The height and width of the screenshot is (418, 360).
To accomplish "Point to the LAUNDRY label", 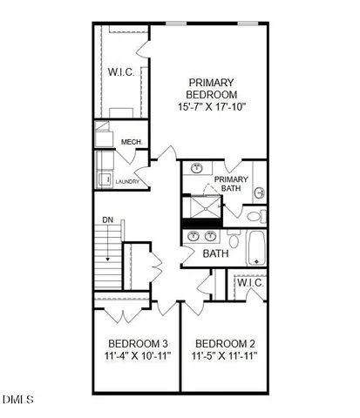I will (x=128, y=182).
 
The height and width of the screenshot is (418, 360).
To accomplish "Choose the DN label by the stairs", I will (x=108, y=220).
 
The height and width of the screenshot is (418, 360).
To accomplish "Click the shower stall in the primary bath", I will (x=200, y=208).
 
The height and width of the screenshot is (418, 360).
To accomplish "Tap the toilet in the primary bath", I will (x=253, y=215).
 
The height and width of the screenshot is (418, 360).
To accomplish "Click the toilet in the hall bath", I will (x=234, y=239).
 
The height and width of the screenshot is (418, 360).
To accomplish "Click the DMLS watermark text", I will (x=17, y=401).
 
